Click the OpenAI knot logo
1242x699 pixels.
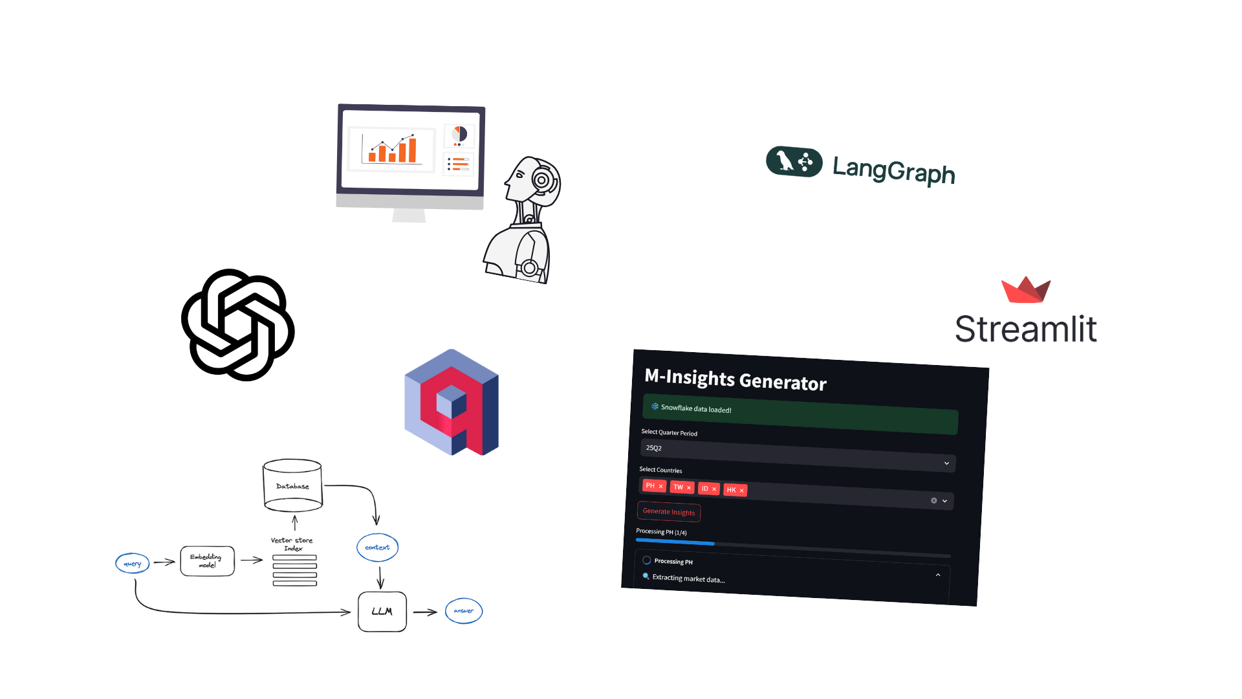pyautogui.click(x=238, y=325)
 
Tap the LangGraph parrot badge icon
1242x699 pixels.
pyautogui.click(x=794, y=161)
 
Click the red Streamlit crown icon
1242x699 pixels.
pyautogui.click(x=1026, y=290)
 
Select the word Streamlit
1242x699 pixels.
pyautogui.click(x=1026, y=329)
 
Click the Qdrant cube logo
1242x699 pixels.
pyautogui.click(x=452, y=402)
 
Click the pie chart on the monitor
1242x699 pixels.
pyautogui.click(x=459, y=135)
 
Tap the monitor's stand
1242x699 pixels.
pyautogui.click(x=409, y=215)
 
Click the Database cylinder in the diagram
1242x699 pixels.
pyautogui.click(x=292, y=485)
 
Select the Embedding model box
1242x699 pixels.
pyautogui.click(x=207, y=560)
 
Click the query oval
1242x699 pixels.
pyautogui.click(x=133, y=563)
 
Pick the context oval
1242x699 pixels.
pyautogui.click(x=378, y=548)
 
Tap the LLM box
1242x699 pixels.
pyautogui.click(x=382, y=612)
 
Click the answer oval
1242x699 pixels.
pyautogui.click(x=464, y=611)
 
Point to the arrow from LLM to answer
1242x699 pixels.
pyautogui.click(x=426, y=612)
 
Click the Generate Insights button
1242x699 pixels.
pyautogui.click(x=669, y=512)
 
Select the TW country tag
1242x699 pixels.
pyautogui.click(x=682, y=487)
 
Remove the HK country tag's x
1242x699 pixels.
pyautogui.click(x=741, y=491)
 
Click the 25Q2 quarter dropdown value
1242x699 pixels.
pyautogui.click(x=654, y=448)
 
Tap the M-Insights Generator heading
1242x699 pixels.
pyautogui.click(x=735, y=379)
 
